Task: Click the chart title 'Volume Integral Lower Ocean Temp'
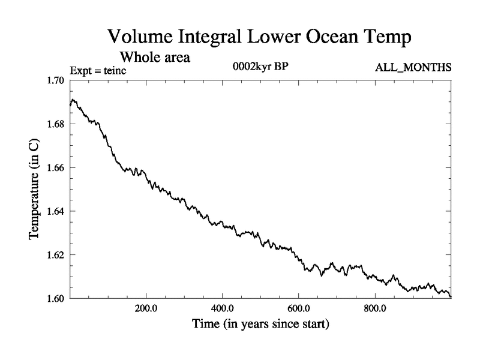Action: (259, 37)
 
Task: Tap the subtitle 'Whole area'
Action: (155, 58)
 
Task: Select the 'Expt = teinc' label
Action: (98, 71)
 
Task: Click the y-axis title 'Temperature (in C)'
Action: (35, 189)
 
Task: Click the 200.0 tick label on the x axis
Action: (146, 308)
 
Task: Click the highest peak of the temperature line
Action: (73, 100)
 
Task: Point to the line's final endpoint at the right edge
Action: (450, 296)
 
